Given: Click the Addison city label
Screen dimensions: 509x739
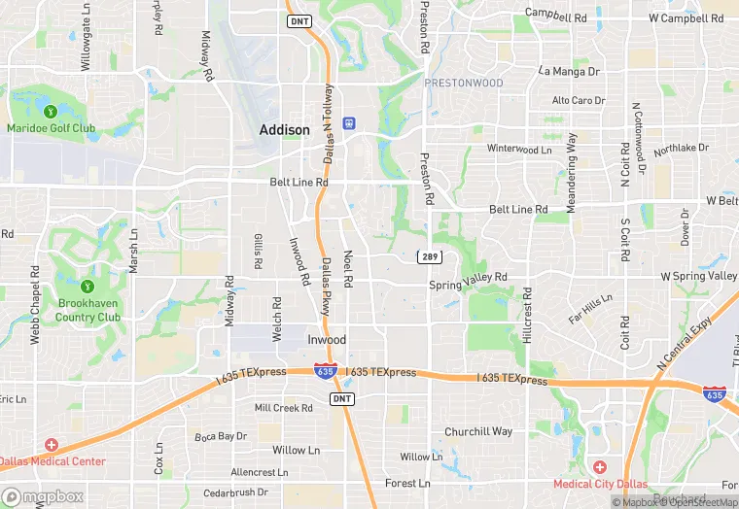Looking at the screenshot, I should (x=284, y=129).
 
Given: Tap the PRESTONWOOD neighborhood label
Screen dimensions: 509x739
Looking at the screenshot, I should (x=464, y=83).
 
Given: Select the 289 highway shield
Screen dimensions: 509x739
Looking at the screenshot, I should (x=430, y=257).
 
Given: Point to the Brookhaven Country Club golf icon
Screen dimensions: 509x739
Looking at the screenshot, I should (x=87, y=287).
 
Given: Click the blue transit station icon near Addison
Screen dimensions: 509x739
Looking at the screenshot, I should (x=348, y=123).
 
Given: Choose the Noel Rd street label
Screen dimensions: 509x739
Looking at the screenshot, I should (x=347, y=267).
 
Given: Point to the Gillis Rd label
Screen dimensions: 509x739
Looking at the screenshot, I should (x=258, y=252).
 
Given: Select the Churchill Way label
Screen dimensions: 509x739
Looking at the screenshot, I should (x=477, y=431).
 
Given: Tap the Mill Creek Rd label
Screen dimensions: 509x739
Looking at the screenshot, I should (x=283, y=408).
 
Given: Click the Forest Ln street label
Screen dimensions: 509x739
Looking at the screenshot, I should (x=407, y=483).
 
